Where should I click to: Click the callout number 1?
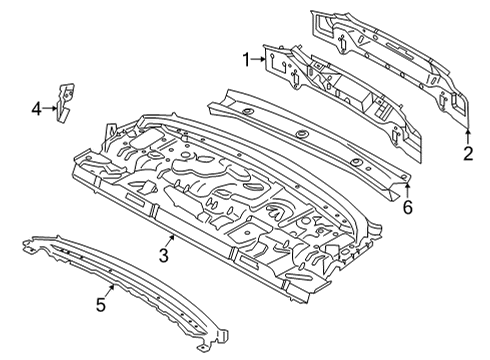click(x=245, y=60)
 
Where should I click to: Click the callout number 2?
click(x=467, y=153)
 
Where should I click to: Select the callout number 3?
click(x=163, y=257)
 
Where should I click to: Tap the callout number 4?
click(x=36, y=107)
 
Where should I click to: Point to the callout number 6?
click(x=408, y=207)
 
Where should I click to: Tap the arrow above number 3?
click(x=172, y=239)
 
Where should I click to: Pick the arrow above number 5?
click(x=110, y=289)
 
